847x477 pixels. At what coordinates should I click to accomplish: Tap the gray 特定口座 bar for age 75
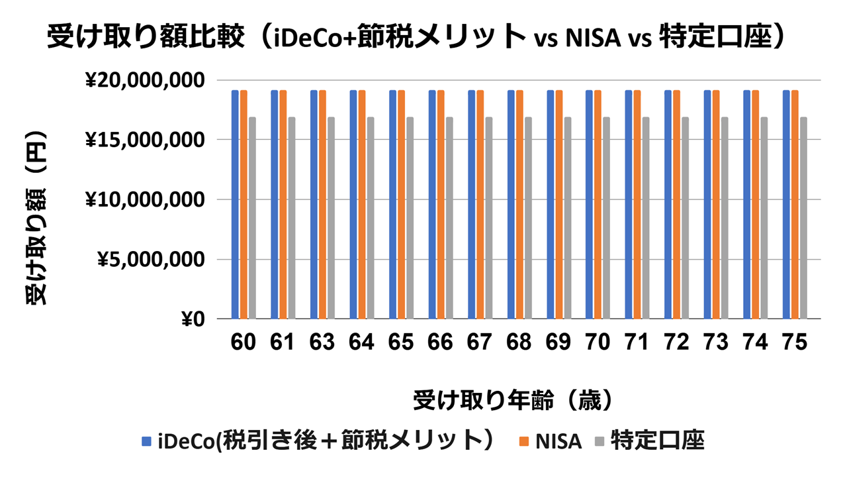(803, 218)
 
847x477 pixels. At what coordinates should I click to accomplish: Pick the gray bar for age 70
(606, 218)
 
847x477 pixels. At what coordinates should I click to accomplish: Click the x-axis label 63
(322, 342)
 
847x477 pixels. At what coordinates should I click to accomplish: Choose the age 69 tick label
(558, 342)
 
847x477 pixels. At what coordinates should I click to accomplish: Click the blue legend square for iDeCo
(147, 441)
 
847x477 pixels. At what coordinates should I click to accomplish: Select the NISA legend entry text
(559, 441)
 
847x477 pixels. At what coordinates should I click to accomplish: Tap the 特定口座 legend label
(657, 441)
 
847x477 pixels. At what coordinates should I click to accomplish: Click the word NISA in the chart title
(593, 39)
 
